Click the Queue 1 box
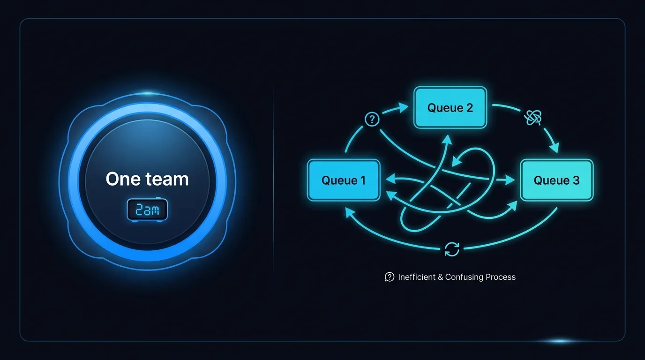344,180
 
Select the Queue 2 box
450,107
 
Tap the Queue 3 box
556,180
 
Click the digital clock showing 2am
147,210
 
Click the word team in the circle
167,179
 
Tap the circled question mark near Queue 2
372,119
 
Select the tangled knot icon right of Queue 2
532,118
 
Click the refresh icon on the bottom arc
452,249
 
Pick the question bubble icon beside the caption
390,277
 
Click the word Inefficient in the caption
417,277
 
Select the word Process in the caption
501,277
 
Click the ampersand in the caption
440,277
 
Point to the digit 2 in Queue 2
470,108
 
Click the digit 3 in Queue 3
576,180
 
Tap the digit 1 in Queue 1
363,180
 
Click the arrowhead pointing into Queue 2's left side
404,107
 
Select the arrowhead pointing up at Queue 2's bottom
447,139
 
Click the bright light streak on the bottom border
560,341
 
